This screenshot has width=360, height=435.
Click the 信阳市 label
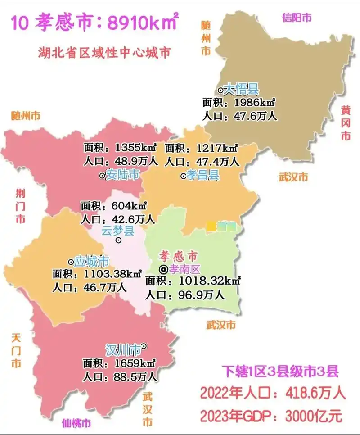[297, 18]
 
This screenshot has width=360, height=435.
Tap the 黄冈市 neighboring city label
[345, 122]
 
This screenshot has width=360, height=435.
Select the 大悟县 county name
[242, 89]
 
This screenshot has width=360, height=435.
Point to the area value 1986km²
[255, 103]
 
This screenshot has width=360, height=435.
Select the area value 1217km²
[216, 148]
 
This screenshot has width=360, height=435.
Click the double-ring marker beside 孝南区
[164, 269]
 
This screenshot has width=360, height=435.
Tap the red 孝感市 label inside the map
[178, 257]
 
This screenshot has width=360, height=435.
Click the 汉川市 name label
[123, 349]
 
